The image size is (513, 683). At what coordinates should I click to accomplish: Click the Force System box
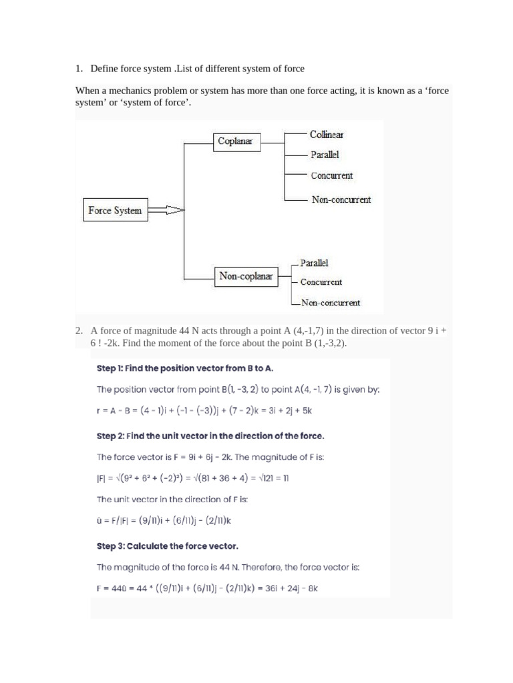pyautogui.click(x=115, y=211)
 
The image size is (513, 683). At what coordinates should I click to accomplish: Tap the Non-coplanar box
pyautogui.click(x=246, y=276)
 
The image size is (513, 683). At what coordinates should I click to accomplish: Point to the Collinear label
pyautogui.click(x=327, y=135)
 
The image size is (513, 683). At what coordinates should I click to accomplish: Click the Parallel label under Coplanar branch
pyautogui.click(x=325, y=155)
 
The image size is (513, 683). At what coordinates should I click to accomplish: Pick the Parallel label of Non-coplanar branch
pyautogui.click(x=314, y=263)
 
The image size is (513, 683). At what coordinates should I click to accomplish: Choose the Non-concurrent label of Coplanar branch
pyautogui.click(x=341, y=199)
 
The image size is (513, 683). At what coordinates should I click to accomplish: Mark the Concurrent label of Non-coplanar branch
pyautogui.click(x=321, y=282)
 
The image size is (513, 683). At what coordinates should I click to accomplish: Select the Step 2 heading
pyautogui.click(x=210, y=436)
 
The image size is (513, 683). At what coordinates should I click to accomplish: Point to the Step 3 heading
pyautogui.click(x=167, y=546)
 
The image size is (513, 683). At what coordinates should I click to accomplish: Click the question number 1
pyautogui.click(x=78, y=69)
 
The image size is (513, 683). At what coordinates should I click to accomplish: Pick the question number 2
pyautogui.click(x=78, y=330)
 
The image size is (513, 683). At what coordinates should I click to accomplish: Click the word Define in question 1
pyautogui.click(x=106, y=69)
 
